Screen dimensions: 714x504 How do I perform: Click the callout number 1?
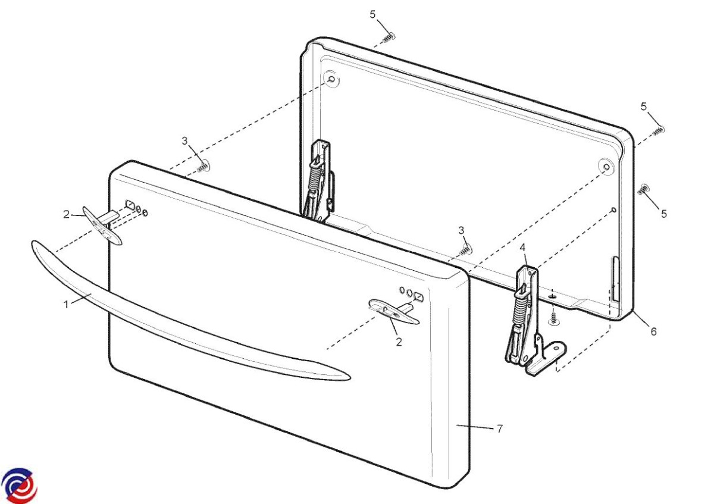coord(66,305)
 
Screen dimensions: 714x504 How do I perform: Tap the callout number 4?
coord(522,247)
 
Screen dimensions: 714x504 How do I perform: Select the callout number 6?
coord(653,331)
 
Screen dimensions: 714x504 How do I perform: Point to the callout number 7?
coord(499,429)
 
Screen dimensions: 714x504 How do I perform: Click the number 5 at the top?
coord(372,14)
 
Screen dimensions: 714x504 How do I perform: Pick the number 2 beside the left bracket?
coord(66,215)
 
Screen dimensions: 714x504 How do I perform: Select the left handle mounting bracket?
coord(102,225)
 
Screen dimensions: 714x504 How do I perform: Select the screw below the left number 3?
coord(203,167)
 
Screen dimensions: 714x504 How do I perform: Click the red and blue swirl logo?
coord(18,485)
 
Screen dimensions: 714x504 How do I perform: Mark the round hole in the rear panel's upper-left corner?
coord(331,79)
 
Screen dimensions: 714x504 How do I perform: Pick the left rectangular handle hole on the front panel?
coord(131,204)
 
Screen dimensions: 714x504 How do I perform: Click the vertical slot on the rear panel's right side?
coord(615,280)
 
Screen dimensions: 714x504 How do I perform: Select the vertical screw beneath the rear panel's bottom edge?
coord(553,318)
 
